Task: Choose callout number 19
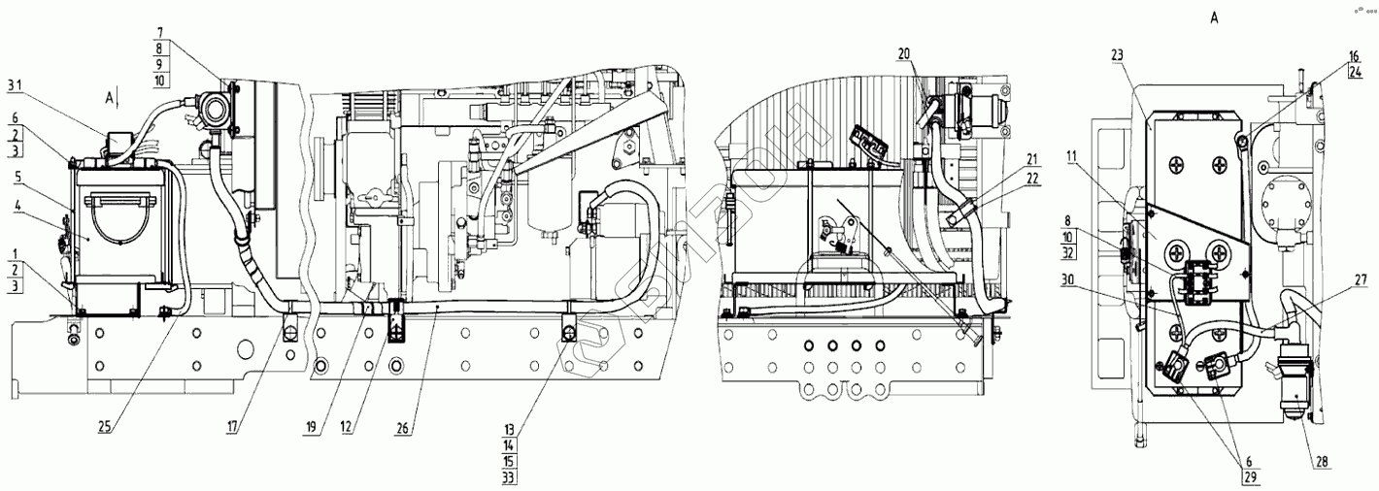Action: coord(311,425)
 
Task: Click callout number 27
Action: coord(1328,278)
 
